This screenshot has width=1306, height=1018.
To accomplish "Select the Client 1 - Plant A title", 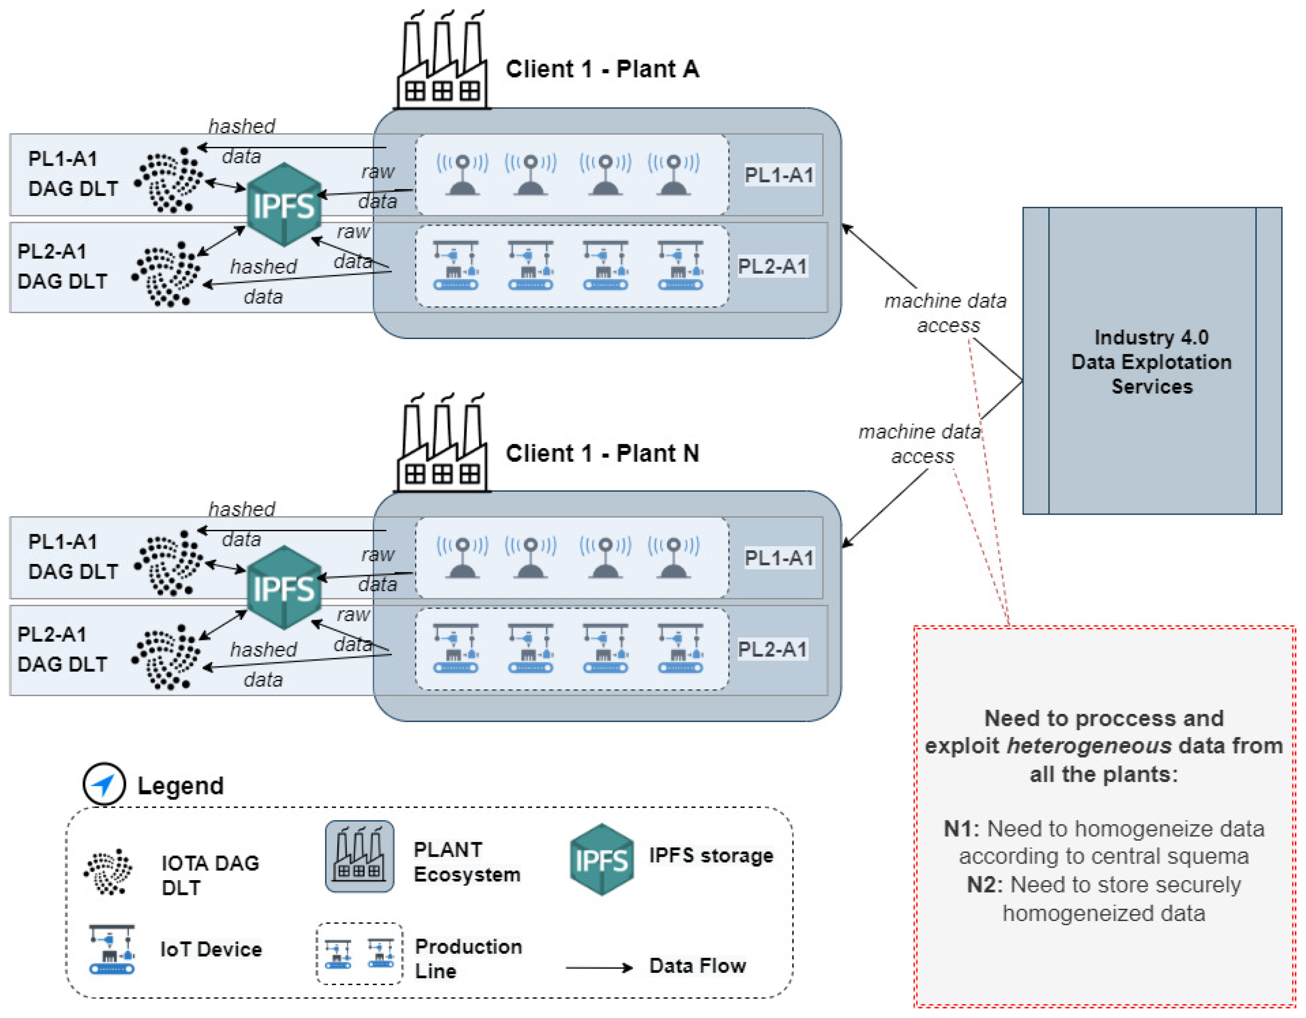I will (x=602, y=69).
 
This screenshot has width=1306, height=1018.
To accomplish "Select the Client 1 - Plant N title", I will (x=602, y=453).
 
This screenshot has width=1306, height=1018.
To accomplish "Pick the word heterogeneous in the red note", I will (x=1089, y=746).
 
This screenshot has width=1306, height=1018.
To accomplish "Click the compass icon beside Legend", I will (x=104, y=784).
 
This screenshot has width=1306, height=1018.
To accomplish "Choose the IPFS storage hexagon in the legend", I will (x=602, y=860).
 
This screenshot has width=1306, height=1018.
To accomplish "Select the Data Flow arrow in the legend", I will (x=599, y=968).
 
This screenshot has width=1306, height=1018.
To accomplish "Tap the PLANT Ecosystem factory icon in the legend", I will (x=359, y=856).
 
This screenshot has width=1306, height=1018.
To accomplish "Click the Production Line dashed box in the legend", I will (x=359, y=953).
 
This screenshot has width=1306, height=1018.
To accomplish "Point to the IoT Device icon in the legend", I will (x=112, y=949).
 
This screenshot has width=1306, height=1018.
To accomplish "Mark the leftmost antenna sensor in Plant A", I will (x=462, y=175).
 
